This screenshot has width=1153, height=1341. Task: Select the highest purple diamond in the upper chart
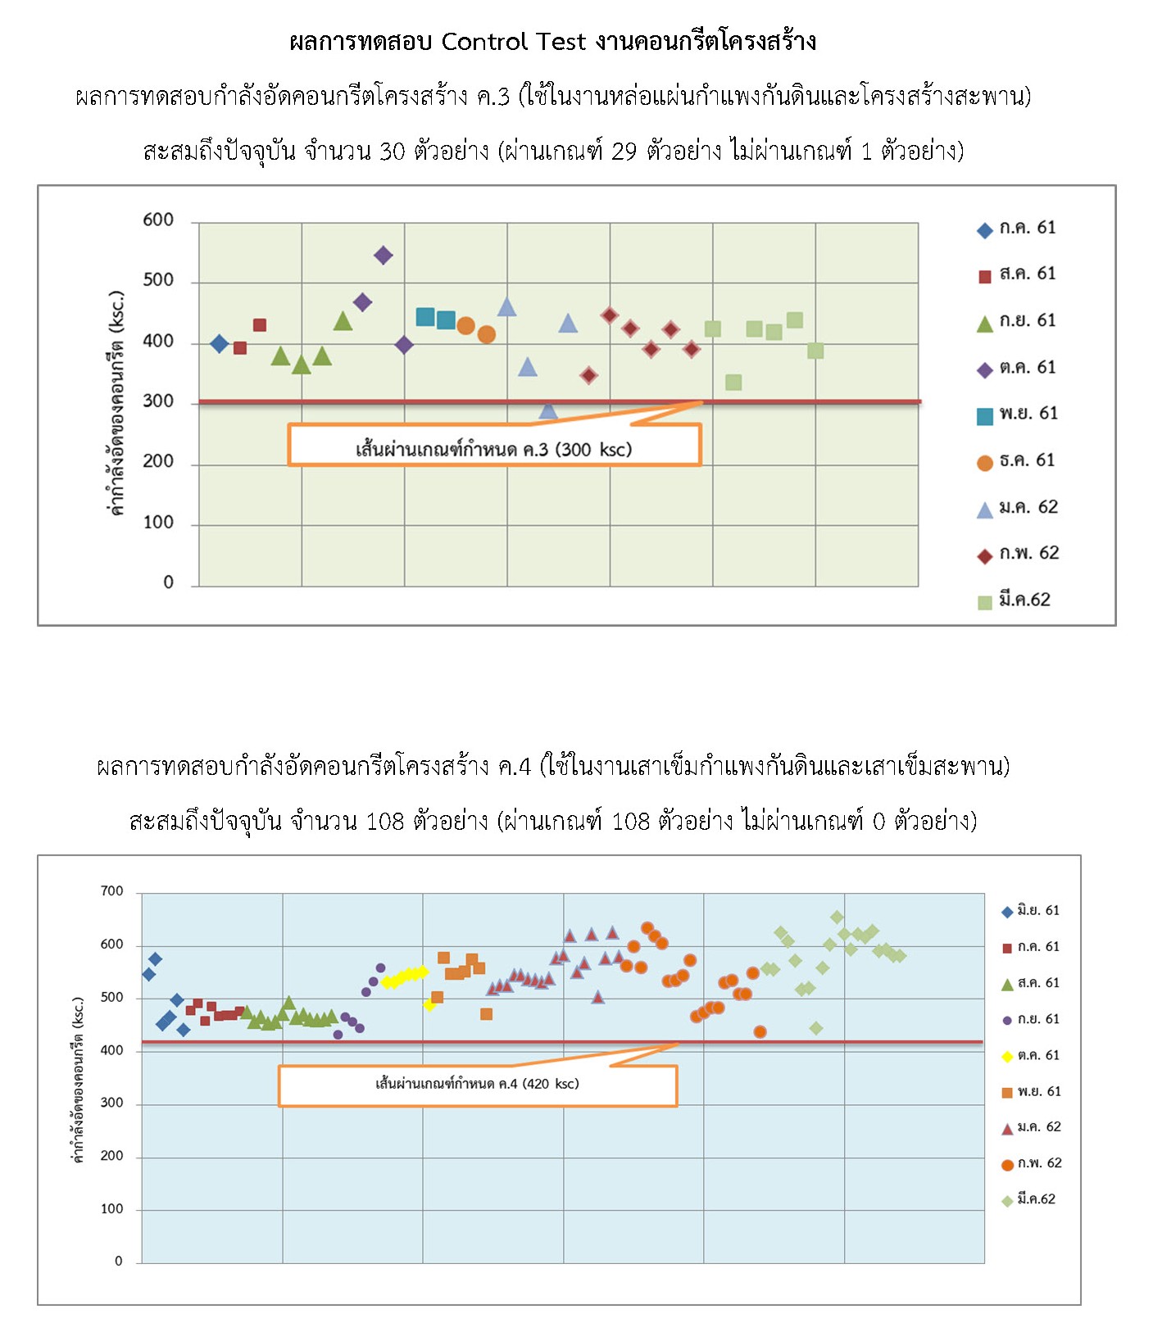tap(383, 256)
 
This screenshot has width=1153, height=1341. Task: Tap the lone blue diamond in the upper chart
tap(219, 343)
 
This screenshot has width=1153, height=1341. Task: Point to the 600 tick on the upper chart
tap(158, 220)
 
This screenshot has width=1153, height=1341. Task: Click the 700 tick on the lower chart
tap(112, 891)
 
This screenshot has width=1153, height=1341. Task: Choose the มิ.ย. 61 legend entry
tap(1031, 911)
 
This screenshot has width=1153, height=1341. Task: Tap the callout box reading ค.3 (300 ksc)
tap(494, 448)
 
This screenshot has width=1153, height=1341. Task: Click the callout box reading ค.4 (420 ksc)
tap(477, 1085)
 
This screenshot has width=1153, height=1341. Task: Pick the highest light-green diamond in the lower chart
tap(837, 917)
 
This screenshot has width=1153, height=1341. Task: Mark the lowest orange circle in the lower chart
tap(760, 1032)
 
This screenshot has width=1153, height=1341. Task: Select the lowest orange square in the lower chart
tap(486, 1014)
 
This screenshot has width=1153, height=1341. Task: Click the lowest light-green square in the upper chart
tap(733, 383)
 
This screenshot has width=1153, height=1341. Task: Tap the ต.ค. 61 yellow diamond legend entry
tap(1031, 1056)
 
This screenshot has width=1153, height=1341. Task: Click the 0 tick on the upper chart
tap(168, 582)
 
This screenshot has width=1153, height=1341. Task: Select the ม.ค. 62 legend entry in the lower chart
tap(1031, 1128)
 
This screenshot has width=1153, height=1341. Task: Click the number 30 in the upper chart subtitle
tap(392, 152)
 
